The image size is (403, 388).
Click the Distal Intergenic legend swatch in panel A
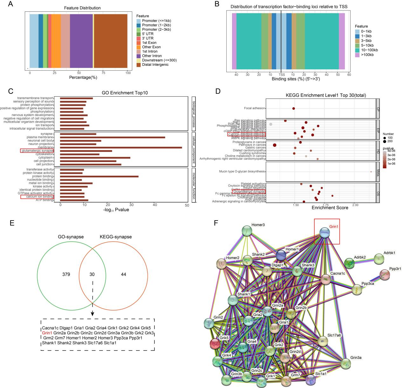pyautogui.click(x=139, y=65)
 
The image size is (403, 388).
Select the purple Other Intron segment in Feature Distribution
pyautogui.click(x=81, y=41)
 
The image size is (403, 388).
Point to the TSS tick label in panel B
pyautogui.click(x=282, y=75)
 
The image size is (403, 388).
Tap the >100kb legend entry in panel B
pyautogui.click(x=358, y=55)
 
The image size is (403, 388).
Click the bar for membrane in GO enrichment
pyautogui.click(x=121, y=147)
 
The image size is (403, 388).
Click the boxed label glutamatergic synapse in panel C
pyautogui.click(x=37, y=151)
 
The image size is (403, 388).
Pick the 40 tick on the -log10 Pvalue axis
pyautogui.click(x=155, y=205)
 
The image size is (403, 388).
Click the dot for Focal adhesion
pyautogui.click(x=293, y=108)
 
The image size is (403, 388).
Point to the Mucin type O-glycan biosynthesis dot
pyautogui.click(x=371, y=172)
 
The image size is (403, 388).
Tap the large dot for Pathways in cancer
pyautogui.click(x=275, y=145)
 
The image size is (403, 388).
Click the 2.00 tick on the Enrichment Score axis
pyautogui.click(x=355, y=205)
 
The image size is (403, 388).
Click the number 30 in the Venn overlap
pyautogui.click(x=92, y=274)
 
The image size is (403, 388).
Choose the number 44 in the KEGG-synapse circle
pyautogui.click(x=123, y=274)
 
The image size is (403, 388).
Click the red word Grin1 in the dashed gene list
pyautogui.click(x=47, y=333)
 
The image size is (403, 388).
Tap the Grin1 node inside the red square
pyautogui.click(x=324, y=232)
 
